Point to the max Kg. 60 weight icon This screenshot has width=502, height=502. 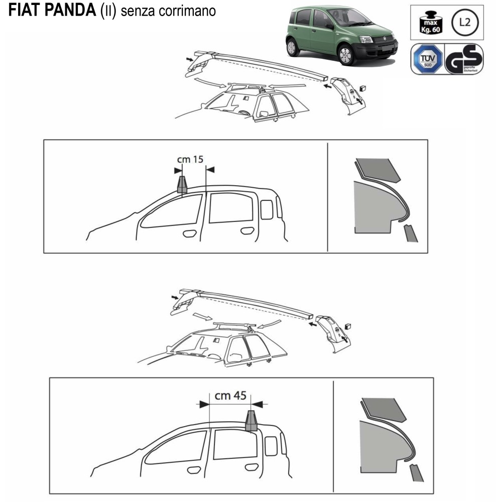click(x=428, y=23)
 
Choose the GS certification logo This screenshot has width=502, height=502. click(x=465, y=59)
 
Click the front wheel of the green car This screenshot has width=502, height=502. click(x=345, y=55)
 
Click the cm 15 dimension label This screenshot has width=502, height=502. click(x=190, y=160)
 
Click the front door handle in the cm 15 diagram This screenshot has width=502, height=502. click(x=190, y=233)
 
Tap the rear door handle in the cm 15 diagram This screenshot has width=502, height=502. click(x=246, y=231)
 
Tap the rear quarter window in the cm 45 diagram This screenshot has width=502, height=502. click(x=271, y=445)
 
